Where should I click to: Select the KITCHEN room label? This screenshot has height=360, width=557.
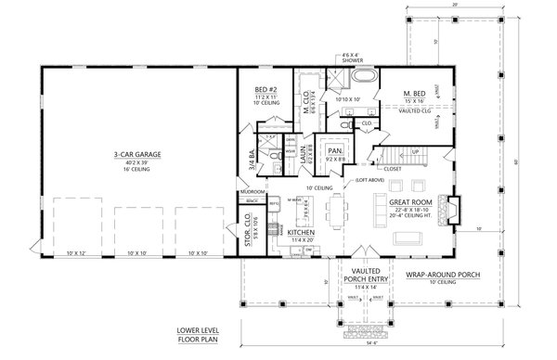point(303,232)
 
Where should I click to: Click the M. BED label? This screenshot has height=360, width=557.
point(415,94)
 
